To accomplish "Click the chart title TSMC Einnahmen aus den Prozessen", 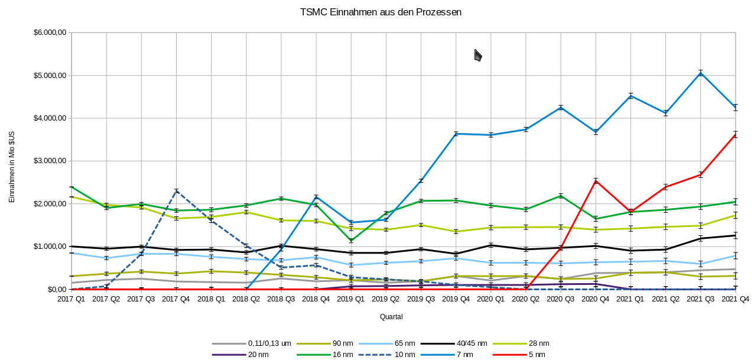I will [381, 12].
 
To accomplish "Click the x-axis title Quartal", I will [391, 317].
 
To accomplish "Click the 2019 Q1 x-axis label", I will [351, 300].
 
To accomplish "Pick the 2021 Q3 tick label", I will [701, 300].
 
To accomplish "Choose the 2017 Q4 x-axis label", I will [176, 300].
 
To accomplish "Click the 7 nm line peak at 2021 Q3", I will [701, 73].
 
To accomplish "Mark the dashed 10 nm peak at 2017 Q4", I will [176, 191].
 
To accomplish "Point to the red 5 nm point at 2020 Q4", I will [596, 181].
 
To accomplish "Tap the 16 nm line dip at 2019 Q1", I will [351, 241].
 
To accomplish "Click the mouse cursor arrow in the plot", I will [478, 55].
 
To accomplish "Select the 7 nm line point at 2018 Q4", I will [316, 197].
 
